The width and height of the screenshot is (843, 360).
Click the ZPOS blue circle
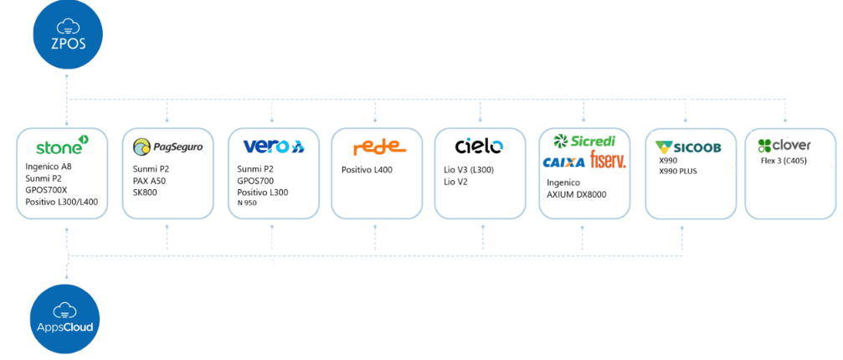point(68,35)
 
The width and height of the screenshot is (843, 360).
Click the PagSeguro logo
point(167,147)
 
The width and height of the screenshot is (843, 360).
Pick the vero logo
point(273,147)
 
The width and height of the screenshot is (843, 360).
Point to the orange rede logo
point(379,148)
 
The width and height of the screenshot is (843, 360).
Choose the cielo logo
point(479,147)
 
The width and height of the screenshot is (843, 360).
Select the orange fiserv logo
point(608,160)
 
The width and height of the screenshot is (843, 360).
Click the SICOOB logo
point(690,147)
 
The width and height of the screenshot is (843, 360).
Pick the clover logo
point(784,145)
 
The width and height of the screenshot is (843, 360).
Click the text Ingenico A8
point(49,167)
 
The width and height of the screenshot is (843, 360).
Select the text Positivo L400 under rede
point(367,170)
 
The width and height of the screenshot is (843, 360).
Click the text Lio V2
point(455,181)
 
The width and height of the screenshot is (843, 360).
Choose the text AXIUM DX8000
point(577,194)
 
